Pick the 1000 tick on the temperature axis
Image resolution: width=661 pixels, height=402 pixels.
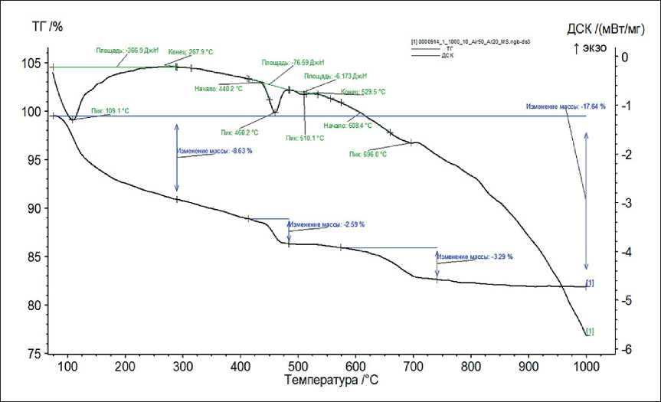pos(586,365)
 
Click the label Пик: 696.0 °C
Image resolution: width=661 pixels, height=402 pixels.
pos(368,154)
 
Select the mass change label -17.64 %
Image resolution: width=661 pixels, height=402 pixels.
pos(565,106)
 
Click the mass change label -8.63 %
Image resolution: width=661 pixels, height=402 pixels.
pos(214,151)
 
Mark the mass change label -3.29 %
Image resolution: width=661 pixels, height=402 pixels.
pos(476,257)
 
